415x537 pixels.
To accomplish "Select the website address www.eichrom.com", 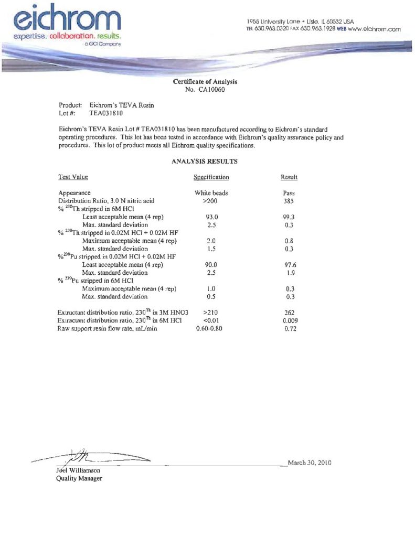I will tap(374, 29).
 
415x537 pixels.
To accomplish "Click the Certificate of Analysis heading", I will tap(205, 82).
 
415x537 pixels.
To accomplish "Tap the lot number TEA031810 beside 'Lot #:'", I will tap(106, 113).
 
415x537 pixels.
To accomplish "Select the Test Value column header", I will tap(73, 177).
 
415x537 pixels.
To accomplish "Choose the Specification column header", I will tap(211, 177).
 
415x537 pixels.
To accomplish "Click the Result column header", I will tap(289, 177).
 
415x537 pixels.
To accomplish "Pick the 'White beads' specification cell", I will tap(211, 193).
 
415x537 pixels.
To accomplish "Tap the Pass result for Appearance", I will tap(289, 193).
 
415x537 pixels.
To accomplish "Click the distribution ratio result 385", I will tap(289, 200).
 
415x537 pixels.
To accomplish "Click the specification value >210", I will tap(210, 313).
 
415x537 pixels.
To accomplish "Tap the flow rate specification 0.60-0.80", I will tap(210, 328).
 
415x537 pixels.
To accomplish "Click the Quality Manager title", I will tap(79, 478).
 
